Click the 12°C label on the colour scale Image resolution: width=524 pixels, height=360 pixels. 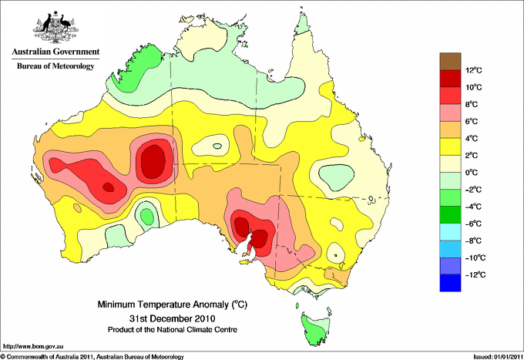click(x=474, y=70)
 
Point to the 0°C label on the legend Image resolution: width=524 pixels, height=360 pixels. click(x=472, y=173)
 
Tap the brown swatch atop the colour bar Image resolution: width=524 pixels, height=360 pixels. click(x=450, y=61)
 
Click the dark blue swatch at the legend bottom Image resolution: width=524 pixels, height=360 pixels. click(x=450, y=283)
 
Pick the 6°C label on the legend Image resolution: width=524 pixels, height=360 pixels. click(x=472, y=121)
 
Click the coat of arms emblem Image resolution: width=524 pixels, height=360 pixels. click(x=55, y=27)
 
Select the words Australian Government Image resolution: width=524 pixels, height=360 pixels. click(x=55, y=52)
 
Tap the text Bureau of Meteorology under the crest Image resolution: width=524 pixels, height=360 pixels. click(x=55, y=66)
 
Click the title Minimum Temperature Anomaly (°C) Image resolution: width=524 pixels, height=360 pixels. click(x=173, y=304)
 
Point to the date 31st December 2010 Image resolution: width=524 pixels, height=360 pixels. click(x=173, y=318)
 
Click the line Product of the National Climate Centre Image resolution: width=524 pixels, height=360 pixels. click(x=173, y=330)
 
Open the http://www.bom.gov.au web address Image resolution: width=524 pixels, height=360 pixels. click(x=33, y=347)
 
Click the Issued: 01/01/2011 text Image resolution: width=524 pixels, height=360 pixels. click(x=498, y=357)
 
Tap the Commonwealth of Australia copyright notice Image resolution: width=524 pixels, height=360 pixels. click(x=92, y=357)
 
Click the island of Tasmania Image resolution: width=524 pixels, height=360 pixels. click(x=315, y=328)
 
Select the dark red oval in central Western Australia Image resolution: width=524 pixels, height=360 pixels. click(x=153, y=161)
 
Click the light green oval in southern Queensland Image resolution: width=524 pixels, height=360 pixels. click(x=336, y=177)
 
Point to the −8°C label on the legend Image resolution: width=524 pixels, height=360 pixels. click(x=474, y=241)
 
